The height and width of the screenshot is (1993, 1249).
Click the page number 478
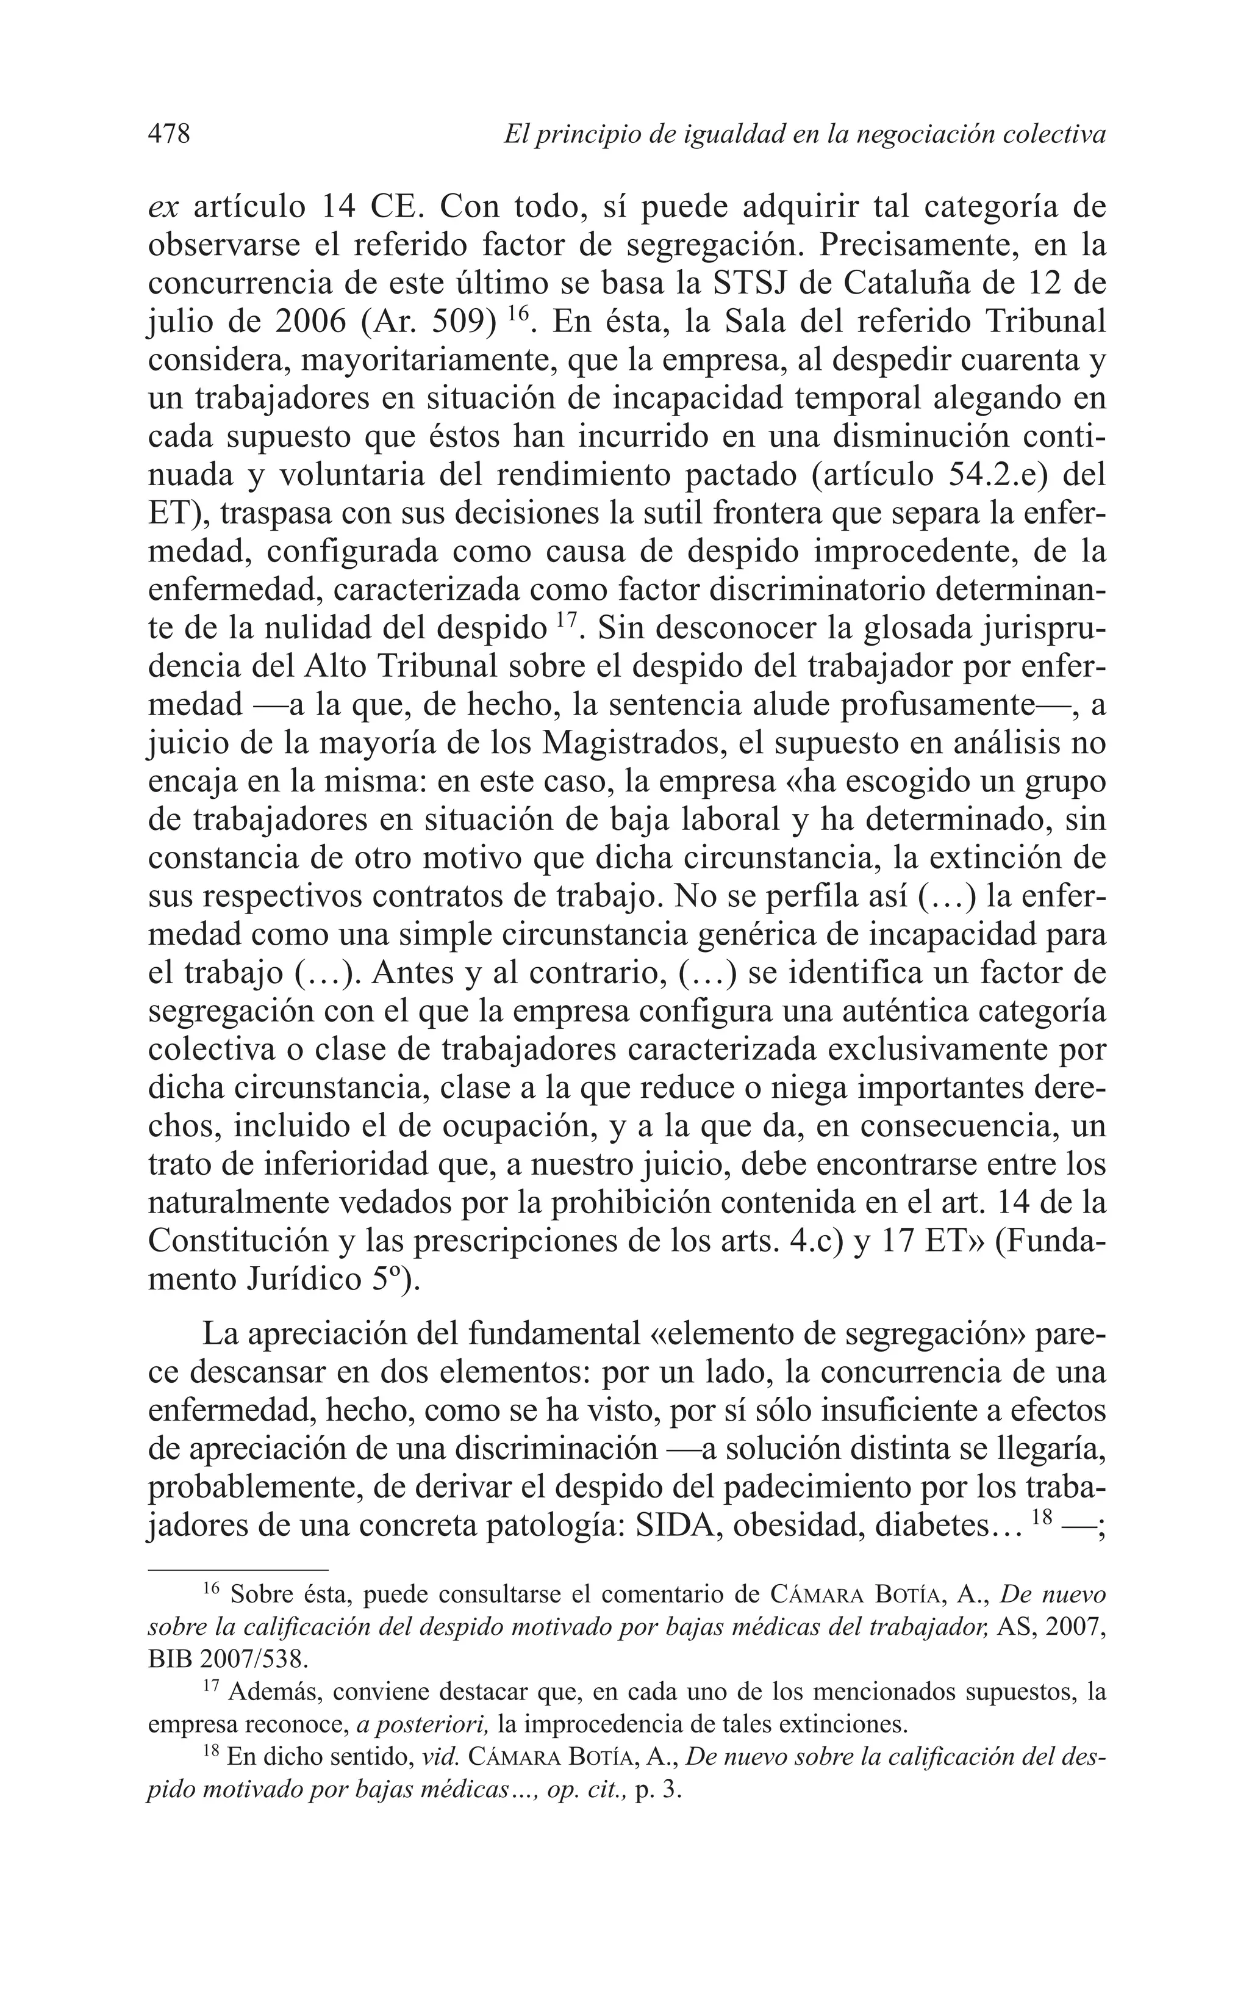point(170,134)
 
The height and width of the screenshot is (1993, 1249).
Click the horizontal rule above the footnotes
point(238,1568)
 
